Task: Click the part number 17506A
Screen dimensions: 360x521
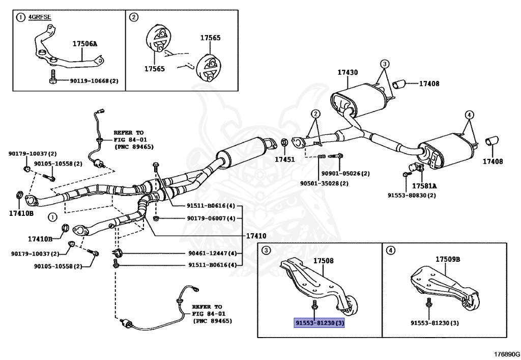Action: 84,44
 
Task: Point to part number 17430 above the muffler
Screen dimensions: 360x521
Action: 347,73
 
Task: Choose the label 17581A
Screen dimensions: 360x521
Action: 424,186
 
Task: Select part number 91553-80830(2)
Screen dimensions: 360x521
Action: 412,195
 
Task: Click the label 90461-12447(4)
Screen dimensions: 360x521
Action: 211,254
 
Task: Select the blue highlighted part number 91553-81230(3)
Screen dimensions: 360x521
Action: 320,322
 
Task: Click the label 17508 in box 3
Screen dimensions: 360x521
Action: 324,261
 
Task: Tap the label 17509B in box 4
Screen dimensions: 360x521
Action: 448,259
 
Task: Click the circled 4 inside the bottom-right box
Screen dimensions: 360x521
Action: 390,250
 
